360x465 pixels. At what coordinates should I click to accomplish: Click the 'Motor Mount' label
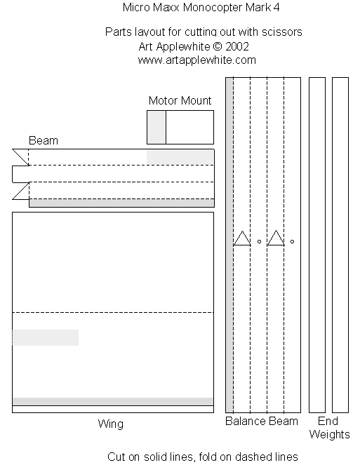[180, 100]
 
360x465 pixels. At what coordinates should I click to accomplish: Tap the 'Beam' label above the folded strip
[44, 140]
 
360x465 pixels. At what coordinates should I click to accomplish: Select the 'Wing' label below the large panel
[111, 424]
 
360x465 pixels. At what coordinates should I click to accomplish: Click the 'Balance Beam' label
[262, 421]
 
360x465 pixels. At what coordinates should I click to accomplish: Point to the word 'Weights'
[329, 435]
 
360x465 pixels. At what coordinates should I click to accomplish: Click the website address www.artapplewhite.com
[196, 60]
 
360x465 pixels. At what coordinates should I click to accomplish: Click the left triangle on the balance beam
[242, 238]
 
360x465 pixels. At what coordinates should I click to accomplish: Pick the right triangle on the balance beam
[276, 238]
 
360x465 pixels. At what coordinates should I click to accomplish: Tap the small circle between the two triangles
[259, 242]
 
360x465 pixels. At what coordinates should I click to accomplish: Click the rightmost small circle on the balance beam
[293, 242]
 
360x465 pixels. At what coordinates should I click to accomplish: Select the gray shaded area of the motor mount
[156, 127]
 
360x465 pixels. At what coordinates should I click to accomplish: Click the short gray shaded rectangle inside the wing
[46, 337]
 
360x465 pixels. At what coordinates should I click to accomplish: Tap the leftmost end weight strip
[317, 245]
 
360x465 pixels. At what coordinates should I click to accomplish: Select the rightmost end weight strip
[340, 245]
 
